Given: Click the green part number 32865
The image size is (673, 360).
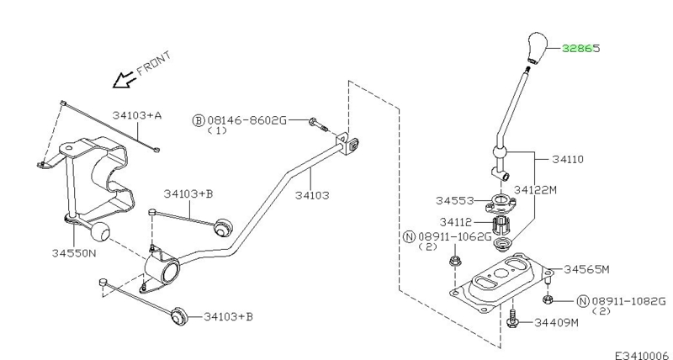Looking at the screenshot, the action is click(x=580, y=49).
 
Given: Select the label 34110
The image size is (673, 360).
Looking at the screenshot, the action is click(x=568, y=159).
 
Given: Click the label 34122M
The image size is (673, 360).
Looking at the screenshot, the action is click(x=535, y=189).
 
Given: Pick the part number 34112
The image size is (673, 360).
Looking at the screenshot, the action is click(x=455, y=222).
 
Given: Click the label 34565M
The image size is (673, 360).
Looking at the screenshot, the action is click(x=586, y=269).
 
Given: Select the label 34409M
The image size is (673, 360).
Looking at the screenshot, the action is click(x=556, y=322).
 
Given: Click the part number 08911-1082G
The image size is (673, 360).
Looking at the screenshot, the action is click(x=628, y=301).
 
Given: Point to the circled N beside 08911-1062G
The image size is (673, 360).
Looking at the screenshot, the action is click(x=410, y=236).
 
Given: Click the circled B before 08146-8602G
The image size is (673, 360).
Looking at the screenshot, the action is click(x=199, y=120).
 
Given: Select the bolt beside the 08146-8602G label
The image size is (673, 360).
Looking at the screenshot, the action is click(x=318, y=124).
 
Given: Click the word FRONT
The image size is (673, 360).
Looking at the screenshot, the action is click(x=154, y=63).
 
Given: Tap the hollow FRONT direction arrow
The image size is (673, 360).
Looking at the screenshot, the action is click(x=124, y=80).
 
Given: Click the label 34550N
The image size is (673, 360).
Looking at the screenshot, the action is click(x=74, y=252).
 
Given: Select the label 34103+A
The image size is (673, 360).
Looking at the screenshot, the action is click(x=137, y=115).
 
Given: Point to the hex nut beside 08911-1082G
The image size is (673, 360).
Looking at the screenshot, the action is click(x=548, y=299).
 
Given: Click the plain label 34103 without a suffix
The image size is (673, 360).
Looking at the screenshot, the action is click(x=312, y=196).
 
